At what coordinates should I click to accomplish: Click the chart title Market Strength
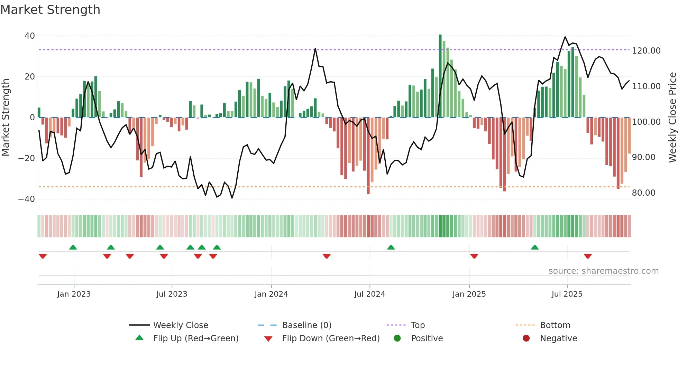pos(50,10)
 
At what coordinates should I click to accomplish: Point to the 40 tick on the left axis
pos(30,36)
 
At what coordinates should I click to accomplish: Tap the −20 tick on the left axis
pos(27,158)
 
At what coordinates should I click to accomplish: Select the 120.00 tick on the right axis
pos(646,51)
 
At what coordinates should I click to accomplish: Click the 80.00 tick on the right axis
pos(643,193)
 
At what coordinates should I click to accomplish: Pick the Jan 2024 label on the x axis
pos(271,294)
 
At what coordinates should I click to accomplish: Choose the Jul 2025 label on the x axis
pos(567,294)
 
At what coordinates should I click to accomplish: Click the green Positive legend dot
pos(397,338)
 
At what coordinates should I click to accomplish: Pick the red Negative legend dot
pos(526,338)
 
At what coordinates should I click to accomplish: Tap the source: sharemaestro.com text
pos(603,271)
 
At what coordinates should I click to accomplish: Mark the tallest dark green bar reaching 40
pos(440,76)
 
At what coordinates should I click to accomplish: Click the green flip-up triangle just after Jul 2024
pos(391,247)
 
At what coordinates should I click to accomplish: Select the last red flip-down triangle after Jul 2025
pos(588,256)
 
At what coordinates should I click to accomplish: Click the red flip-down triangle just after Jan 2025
pos(474,256)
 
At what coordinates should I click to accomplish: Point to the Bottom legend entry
pos(555,325)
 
